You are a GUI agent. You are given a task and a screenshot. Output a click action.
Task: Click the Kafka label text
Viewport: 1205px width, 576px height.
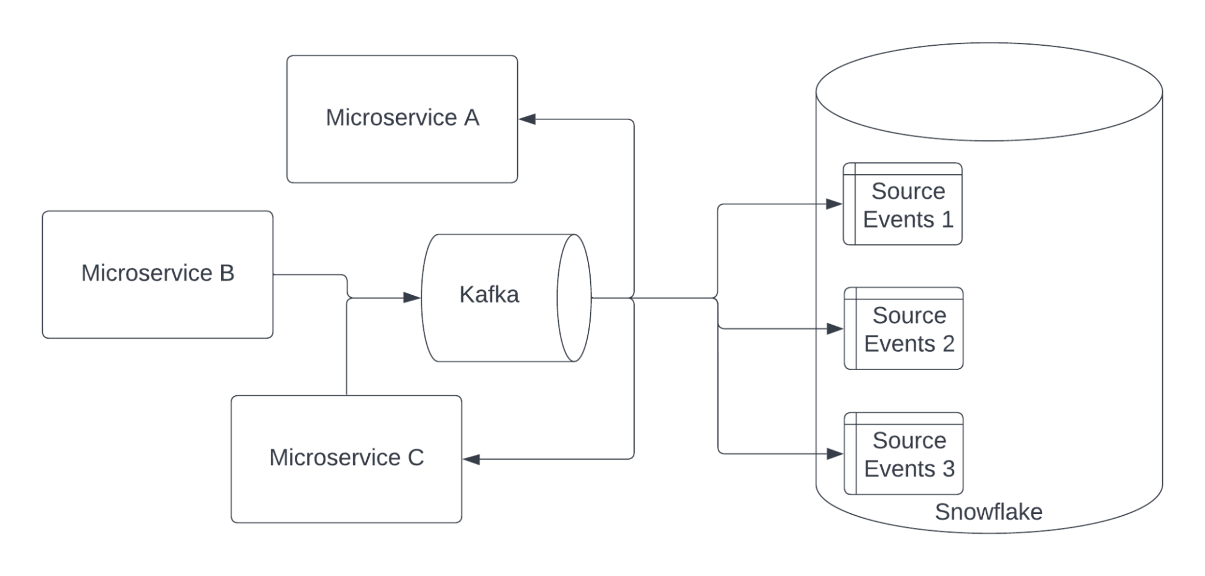coord(489,295)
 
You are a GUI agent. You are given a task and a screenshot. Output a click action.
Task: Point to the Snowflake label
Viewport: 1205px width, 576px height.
coord(988,512)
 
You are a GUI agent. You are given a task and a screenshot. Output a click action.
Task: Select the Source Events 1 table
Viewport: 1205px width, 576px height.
coord(902,204)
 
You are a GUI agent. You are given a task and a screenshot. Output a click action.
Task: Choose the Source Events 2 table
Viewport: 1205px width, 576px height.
coord(904,328)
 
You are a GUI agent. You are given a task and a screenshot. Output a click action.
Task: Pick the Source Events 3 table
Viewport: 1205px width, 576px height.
coord(904,454)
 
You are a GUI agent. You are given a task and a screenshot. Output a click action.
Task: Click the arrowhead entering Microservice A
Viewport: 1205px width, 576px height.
coord(527,119)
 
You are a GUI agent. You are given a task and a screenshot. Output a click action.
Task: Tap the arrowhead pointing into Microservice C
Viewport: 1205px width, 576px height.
coord(471,459)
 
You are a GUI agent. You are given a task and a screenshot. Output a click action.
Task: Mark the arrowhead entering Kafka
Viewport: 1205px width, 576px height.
coord(412,298)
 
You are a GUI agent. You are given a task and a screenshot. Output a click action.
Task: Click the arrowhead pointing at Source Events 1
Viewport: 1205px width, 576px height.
coord(834,204)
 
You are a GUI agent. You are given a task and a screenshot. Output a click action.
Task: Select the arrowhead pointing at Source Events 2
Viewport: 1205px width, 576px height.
coord(835,328)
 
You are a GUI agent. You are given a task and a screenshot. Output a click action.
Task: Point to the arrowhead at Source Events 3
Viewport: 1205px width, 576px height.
coord(835,454)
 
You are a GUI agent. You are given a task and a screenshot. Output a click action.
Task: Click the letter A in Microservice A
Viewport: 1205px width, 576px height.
coord(471,117)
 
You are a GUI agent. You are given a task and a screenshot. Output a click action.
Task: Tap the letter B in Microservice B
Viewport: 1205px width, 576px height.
coord(227,273)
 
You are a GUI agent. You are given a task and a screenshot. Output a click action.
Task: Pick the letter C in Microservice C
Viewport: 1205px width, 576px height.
coord(416,457)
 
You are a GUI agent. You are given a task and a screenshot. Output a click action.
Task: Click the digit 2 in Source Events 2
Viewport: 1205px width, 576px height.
coord(948,343)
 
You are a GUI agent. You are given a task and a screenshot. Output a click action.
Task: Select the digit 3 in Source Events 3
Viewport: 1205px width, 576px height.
coord(948,469)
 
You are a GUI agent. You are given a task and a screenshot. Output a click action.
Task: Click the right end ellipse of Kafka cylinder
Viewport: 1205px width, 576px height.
coord(574,298)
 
